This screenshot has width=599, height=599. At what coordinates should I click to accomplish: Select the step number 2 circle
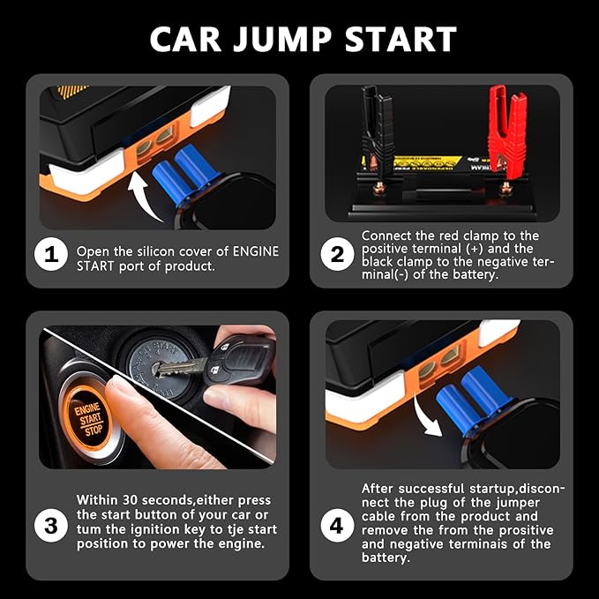[x=337, y=255]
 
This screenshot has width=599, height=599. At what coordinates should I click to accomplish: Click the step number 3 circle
[x=51, y=527]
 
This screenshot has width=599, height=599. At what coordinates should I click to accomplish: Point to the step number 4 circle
[x=337, y=527]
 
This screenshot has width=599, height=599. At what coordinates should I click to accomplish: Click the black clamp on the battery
[x=374, y=128]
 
